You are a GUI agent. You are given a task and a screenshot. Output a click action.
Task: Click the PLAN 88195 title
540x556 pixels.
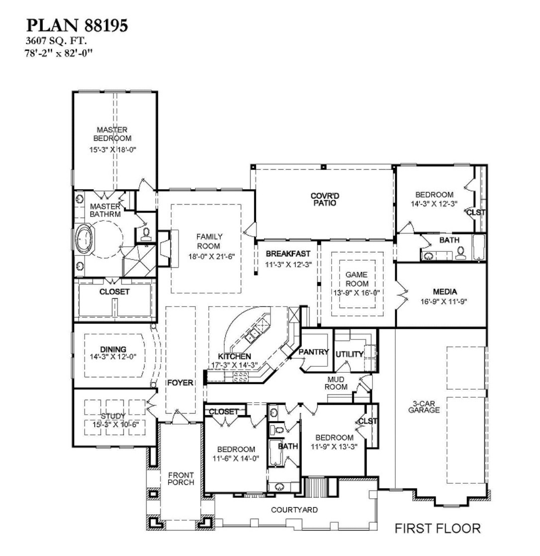point(77,26)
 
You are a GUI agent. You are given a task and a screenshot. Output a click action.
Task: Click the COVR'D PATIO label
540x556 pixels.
point(324,199)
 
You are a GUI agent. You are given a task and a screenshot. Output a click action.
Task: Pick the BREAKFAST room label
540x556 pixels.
point(287,254)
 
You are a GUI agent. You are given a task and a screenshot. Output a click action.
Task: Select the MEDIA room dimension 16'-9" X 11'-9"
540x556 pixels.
point(438,301)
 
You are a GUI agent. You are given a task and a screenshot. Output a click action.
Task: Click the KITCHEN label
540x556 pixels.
point(234,357)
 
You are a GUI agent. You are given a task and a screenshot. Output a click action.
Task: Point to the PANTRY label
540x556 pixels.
point(314,352)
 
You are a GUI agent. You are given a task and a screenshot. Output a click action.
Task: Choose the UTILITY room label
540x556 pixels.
point(350,354)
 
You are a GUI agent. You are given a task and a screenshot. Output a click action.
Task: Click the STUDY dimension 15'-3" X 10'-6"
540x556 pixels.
point(113,424)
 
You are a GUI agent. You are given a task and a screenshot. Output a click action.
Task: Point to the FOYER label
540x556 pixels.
point(180,383)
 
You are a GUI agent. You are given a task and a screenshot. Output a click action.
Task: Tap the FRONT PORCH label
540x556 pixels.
point(180,478)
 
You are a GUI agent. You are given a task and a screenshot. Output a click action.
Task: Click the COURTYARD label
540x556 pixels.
point(294,510)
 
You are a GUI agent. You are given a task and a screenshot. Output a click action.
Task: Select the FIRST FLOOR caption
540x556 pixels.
point(438,528)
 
